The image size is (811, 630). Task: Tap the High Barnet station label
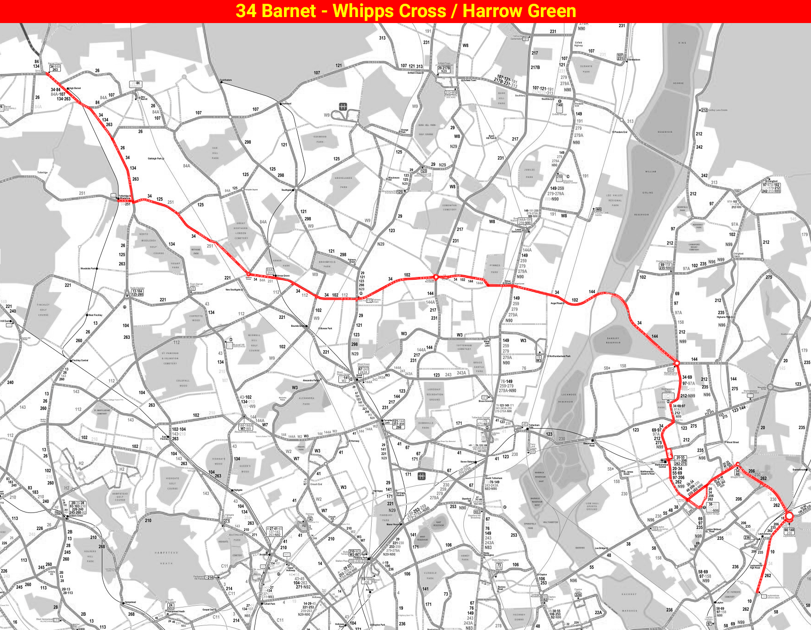75,88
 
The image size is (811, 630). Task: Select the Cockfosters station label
226,80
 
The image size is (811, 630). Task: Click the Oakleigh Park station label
155,159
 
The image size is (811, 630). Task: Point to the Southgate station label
287,190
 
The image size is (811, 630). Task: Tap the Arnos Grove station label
283,276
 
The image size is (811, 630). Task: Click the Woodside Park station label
89,268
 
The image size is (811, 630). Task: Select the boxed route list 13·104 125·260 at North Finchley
137,292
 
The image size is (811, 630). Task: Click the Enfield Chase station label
414,73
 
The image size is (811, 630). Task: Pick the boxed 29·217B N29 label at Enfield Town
444,69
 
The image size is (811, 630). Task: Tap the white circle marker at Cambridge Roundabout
436,277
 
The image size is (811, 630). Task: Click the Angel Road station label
556,303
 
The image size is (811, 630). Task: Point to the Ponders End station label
621,132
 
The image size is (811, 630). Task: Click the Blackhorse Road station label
589,444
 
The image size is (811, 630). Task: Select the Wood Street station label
732,442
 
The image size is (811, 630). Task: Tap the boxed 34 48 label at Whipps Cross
737,472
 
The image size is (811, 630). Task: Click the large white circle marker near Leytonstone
789,517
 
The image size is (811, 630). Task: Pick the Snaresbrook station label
799,470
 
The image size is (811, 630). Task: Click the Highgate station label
238,490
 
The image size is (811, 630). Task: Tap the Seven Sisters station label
467,462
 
